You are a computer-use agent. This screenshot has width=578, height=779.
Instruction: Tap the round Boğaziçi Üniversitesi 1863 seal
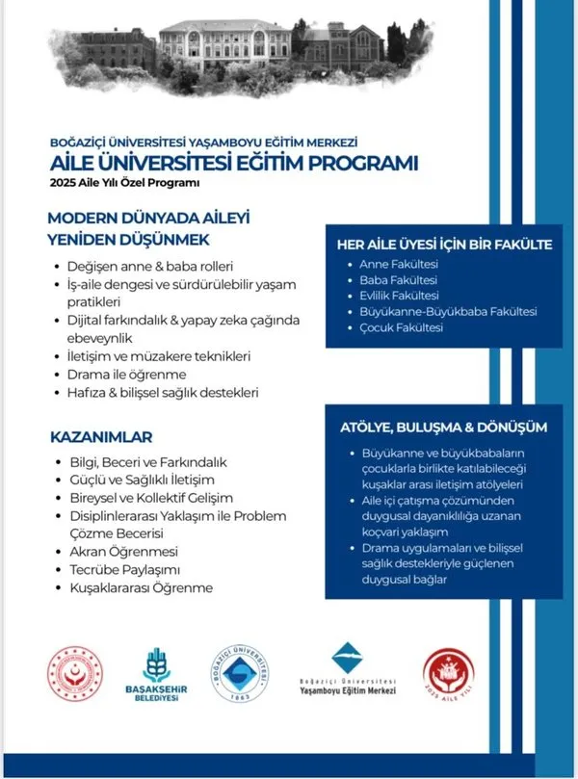coord(249,678)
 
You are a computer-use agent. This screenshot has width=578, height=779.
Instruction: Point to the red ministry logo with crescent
coord(75,678)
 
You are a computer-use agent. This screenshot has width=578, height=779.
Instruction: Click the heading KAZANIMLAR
coord(101,437)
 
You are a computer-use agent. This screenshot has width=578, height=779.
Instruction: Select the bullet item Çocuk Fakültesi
coord(401,328)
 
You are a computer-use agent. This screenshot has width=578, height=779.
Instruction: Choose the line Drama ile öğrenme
coord(132,374)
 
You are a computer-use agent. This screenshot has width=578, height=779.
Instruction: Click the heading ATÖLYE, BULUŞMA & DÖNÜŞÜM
coord(443,427)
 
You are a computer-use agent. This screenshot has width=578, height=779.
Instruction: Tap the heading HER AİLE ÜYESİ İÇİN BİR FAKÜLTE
coord(443,244)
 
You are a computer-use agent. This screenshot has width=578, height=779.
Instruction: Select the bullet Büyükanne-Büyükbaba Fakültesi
coord(447,312)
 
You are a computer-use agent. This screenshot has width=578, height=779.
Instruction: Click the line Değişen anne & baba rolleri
coord(151,266)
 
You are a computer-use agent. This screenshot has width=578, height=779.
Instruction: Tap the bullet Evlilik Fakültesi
coord(399,296)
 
